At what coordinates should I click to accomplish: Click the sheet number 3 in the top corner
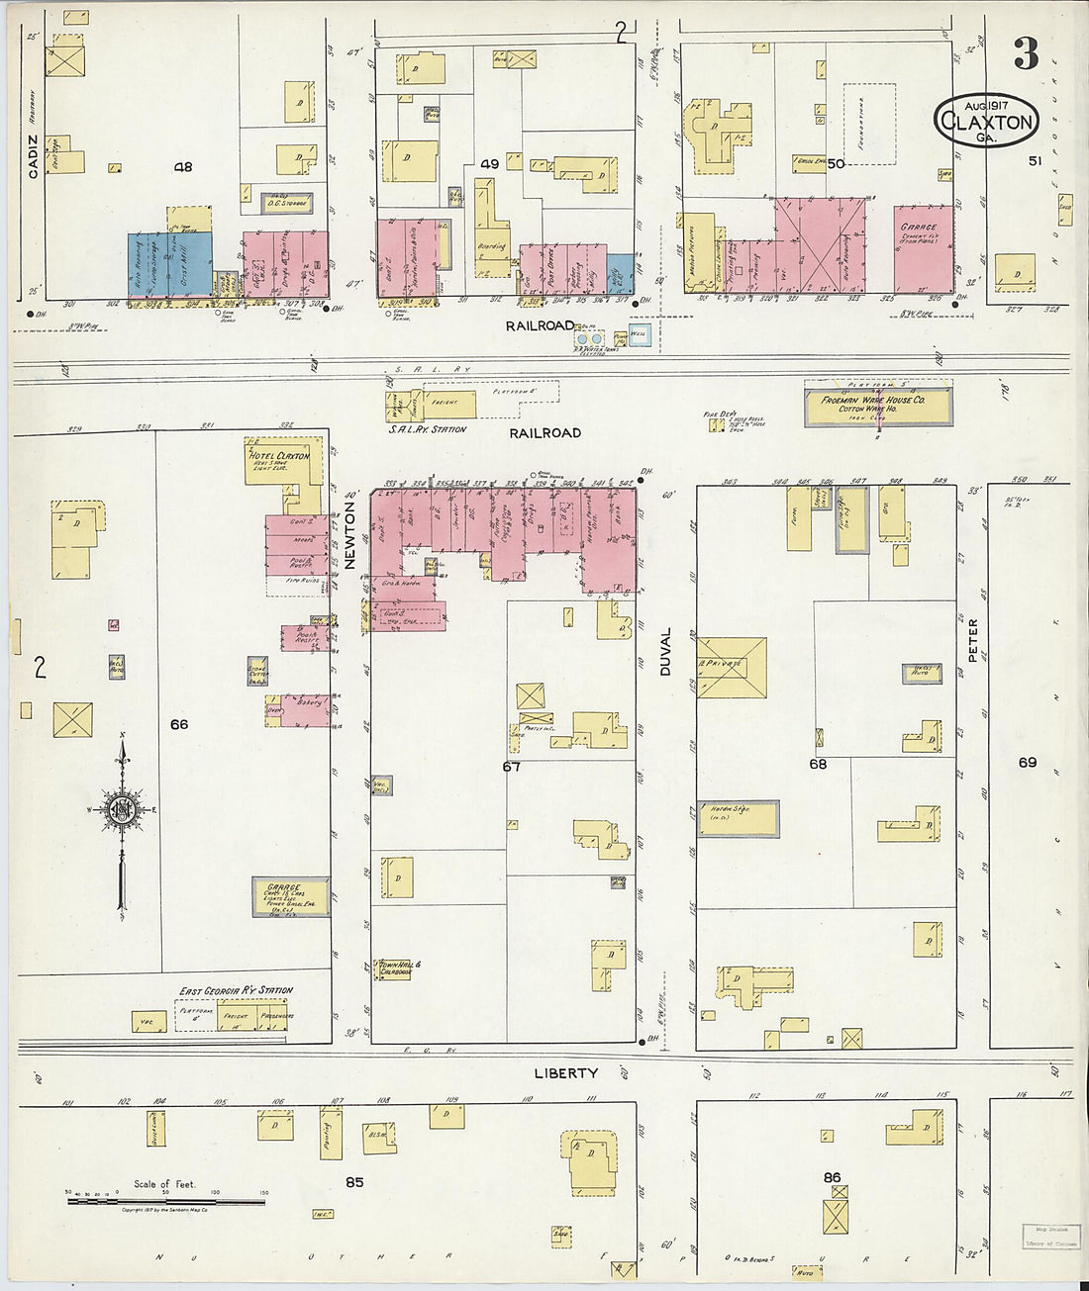[x=1026, y=54]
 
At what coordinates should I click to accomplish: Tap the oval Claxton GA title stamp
[x=986, y=122]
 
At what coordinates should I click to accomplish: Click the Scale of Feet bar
[x=165, y=1200]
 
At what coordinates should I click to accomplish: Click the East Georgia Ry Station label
[x=236, y=990]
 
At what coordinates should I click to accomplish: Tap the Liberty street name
[x=565, y=1073]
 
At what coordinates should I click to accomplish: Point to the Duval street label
[x=665, y=652]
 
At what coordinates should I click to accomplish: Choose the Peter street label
[x=973, y=640]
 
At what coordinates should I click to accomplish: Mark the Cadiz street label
[x=33, y=159]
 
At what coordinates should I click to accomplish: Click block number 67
[x=511, y=766]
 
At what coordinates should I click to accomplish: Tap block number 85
[x=354, y=1181]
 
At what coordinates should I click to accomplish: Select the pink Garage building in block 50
[x=924, y=248]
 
